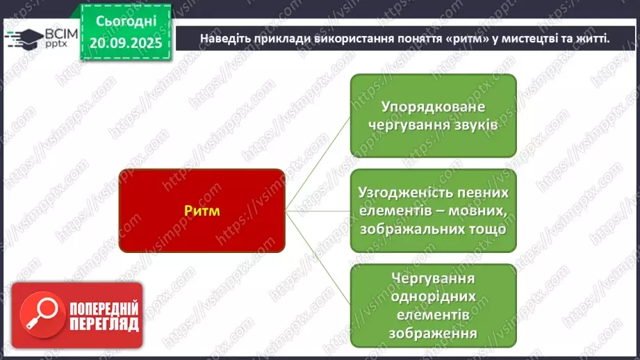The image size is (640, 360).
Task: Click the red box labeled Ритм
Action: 202,211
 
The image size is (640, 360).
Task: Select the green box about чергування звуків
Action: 433,115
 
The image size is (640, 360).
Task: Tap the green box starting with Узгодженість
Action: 433,210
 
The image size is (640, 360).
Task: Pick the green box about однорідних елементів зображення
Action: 433,304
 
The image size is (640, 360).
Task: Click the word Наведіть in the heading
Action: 224,38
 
